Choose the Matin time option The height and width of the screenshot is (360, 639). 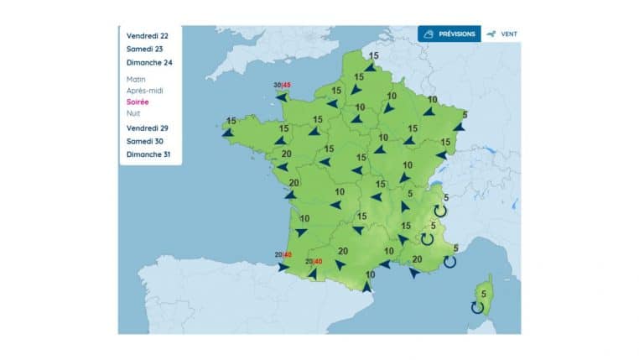pos(136,79)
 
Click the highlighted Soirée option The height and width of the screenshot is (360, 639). pos(138,102)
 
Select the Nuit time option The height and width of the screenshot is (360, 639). pos(133,112)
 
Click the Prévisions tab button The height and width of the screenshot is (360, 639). pos(449,34)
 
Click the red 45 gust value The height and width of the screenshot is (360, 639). pos(287,85)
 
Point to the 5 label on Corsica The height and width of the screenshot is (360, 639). pos(483,293)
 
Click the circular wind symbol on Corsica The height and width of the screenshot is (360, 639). pos(477,308)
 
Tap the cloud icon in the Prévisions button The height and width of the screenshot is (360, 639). pos(429,34)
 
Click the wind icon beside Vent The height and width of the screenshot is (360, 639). pos(491,34)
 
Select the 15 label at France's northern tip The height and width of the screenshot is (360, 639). pos(373,55)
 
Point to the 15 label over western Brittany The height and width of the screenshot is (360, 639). pos(231,120)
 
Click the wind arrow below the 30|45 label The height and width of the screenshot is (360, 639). pos(281,97)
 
